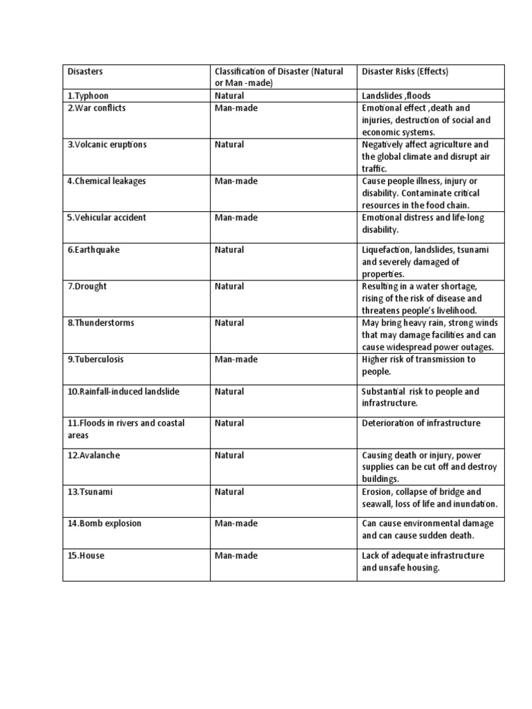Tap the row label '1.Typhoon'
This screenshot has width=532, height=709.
pyautogui.click(x=88, y=96)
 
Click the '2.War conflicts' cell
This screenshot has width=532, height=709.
pyautogui.click(x=97, y=108)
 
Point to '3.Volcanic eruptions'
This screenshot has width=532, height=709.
pyautogui.click(x=107, y=145)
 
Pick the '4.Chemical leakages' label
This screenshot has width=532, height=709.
pyautogui.click(x=106, y=181)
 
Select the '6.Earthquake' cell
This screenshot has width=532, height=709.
pyautogui.click(x=94, y=249)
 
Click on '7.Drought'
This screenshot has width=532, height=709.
pyautogui.click(x=87, y=286)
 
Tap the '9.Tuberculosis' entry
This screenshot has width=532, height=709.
pyautogui.click(x=96, y=359)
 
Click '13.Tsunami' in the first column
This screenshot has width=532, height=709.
pyautogui.click(x=90, y=492)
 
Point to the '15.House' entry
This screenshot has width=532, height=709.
pyautogui.click(x=86, y=555)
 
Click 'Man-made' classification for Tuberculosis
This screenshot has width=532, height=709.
pyautogui.click(x=236, y=359)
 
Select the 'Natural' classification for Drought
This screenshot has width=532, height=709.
pyautogui.click(x=229, y=286)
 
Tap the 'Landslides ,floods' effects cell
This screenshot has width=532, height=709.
pyautogui.click(x=397, y=96)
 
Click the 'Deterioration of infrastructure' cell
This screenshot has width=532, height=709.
pyautogui.click(x=420, y=423)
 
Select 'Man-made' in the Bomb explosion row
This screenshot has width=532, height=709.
pyautogui.click(x=236, y=523)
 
